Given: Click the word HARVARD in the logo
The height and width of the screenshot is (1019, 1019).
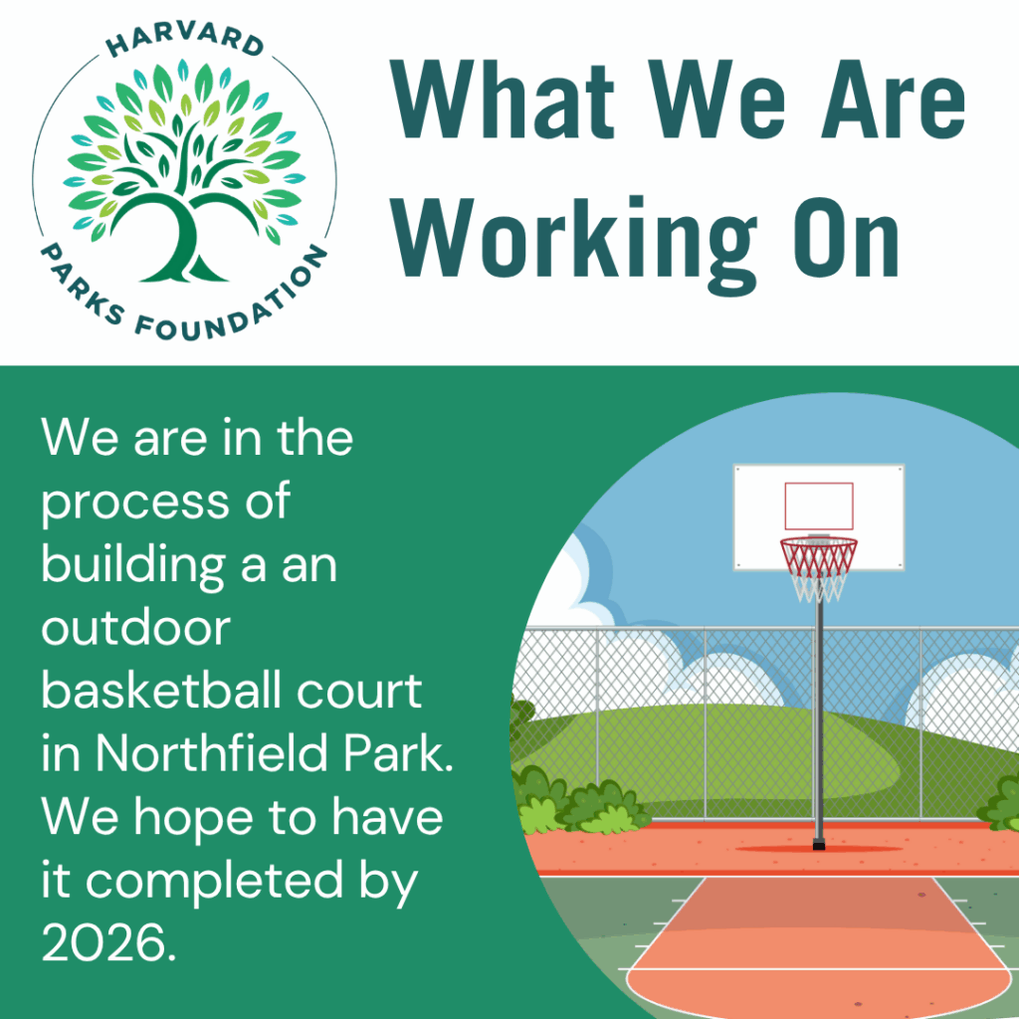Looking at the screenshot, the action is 184,40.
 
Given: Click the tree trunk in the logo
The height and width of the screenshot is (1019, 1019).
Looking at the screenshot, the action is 184,241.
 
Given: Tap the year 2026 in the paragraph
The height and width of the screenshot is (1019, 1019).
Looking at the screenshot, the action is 108,942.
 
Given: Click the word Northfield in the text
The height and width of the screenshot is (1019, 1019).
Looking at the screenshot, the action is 212,753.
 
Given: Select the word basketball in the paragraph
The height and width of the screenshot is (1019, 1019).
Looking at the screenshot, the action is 162,691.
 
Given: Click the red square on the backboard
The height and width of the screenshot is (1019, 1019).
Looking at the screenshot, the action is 819,507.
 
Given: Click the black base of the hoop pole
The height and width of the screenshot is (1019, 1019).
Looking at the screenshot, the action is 819,844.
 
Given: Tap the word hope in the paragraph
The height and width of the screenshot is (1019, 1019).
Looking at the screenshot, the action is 193,820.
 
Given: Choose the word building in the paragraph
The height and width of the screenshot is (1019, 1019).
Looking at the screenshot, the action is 133,566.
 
